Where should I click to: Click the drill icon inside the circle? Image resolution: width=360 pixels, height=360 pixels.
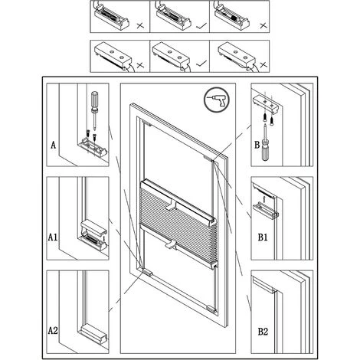click(216, 100)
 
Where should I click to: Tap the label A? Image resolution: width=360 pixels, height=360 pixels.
click(53, 146)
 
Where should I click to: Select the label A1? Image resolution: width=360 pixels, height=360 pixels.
click(53, 237)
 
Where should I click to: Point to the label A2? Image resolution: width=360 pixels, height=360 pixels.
click(53, 331)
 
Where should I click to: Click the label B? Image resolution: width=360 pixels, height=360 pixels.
click(257, 145)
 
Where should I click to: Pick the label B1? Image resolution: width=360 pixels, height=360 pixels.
click(263, 237)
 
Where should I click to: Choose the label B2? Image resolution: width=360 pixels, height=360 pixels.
click(263, 332)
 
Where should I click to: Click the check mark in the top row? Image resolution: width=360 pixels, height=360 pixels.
click(201, 25)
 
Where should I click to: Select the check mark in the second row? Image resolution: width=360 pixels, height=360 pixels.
click(201, 63)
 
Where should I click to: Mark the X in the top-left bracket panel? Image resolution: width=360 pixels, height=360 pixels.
click(140, 25)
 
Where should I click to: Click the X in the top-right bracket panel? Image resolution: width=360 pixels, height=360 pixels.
click(263, 25)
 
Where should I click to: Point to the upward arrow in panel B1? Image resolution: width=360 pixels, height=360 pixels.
click(264, 199)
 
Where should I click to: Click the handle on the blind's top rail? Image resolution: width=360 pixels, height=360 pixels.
click(172, 205)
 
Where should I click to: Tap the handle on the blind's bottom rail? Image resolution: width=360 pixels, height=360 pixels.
click(171, 244)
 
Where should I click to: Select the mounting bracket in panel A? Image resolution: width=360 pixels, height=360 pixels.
click(93, 148)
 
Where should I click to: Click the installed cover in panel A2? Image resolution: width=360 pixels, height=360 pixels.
click(94, 332)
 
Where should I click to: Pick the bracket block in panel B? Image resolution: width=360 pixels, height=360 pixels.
click(267, 104)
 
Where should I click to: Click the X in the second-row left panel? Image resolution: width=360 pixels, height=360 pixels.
click(140, 65)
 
